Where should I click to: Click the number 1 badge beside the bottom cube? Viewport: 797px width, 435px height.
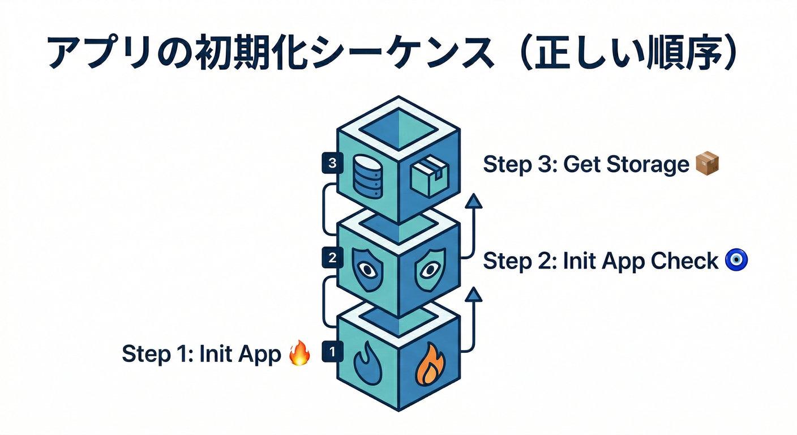pos(332,352)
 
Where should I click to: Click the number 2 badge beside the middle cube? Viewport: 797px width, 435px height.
pos(332,258)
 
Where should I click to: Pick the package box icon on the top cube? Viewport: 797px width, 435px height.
pos(429,176)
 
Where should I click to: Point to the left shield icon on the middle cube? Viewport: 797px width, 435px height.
pos(368,270)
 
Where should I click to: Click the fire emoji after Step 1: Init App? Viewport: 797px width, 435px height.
pos(299,354)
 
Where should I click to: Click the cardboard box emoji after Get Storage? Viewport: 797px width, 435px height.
pos(706,164)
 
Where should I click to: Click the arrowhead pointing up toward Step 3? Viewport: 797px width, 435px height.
pos(473,201)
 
